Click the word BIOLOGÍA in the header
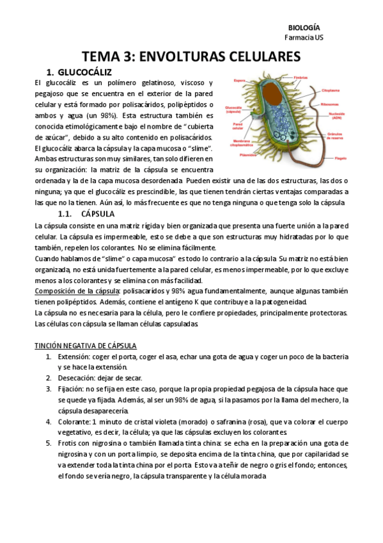click(304, 28)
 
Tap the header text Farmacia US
click(304, 38)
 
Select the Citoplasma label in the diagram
click(331, 92)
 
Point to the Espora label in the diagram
click(240, 81)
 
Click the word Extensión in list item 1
click(75, 356)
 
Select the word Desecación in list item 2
click(77, 378)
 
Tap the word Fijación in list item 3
click(71, 389)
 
